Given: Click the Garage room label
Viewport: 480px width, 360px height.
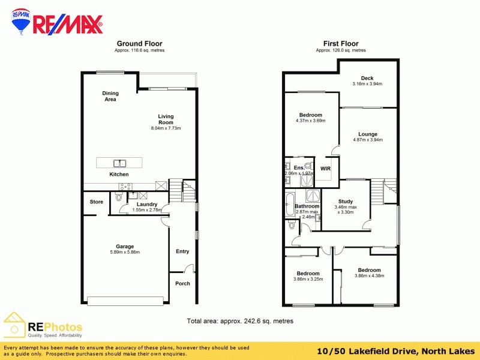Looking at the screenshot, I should click(125, 246).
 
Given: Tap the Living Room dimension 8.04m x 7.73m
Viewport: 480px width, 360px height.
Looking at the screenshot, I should click(165, 128).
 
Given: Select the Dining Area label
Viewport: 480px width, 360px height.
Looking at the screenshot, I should click(110, 96).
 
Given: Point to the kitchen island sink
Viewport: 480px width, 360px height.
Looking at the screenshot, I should click(120, 163).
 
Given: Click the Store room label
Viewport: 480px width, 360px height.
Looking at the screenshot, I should click(97, 202).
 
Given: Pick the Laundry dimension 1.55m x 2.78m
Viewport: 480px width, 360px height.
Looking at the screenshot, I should click(147, 210).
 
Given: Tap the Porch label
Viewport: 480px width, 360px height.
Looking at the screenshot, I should click(182, 283).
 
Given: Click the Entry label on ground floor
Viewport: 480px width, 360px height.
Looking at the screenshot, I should click(182, 251).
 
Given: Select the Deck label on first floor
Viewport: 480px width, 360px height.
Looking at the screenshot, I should click(367, 78).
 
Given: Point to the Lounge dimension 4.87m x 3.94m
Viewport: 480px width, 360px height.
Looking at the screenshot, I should click(368, 140).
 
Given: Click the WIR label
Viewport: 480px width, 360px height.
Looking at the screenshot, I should click(326, 169).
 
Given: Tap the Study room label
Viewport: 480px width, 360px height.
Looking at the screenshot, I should click(345, 202).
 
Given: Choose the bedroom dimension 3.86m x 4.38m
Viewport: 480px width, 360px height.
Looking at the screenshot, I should click(369, 276).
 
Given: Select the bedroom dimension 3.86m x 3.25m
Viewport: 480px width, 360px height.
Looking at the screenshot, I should click(308, 279).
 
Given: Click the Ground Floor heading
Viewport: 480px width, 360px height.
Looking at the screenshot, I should click(139, 43).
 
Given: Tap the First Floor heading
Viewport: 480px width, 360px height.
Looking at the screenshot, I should click(341, 43).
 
